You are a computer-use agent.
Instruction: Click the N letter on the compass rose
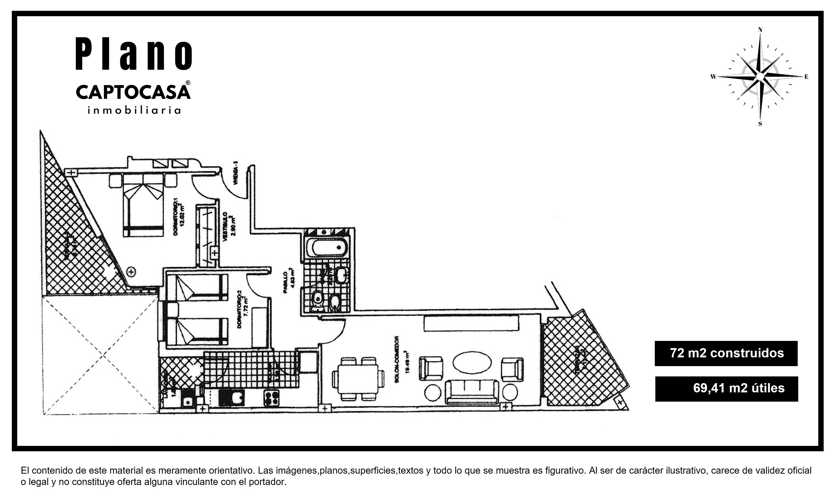click(760, 30)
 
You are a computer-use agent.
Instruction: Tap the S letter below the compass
click(760, 124)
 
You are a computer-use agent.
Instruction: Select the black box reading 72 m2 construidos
click(726, 353)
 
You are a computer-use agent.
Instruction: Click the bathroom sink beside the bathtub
click(341, 273)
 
